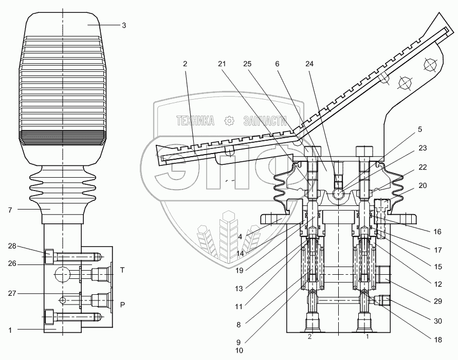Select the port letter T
[122, 270]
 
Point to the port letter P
[122, 304]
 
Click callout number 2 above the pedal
[185, 64]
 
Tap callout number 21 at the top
[222, 64]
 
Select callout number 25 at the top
[247, 64]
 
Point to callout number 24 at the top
[309, 64]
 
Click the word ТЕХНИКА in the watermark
[195, 121]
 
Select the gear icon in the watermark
[229, 121]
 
